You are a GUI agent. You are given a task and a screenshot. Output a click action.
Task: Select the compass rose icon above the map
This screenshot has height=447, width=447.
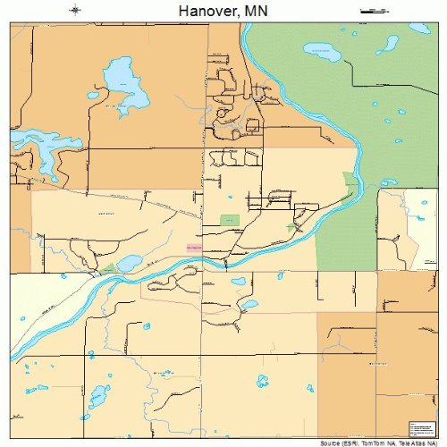pos(76,11)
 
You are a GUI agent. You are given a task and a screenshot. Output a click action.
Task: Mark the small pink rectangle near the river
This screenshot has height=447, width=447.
pos(194,244)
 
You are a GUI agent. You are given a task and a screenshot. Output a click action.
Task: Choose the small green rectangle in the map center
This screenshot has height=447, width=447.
pos(231,220)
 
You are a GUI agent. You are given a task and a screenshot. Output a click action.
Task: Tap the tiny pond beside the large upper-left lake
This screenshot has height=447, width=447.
pos(93,93)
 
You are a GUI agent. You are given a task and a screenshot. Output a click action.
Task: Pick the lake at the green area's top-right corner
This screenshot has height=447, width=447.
pos(418,30)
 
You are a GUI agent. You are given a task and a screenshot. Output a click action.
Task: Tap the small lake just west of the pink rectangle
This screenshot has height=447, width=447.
pos(129,263)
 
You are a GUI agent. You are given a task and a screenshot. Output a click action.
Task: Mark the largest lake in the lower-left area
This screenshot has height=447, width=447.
pos(97,393)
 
